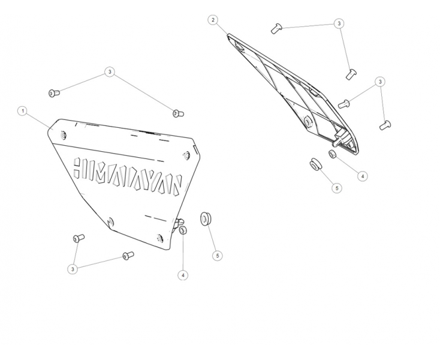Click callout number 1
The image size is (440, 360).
coord(23,111)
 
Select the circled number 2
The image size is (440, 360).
coord(213,20)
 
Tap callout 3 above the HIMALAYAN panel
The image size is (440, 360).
coord(110,72)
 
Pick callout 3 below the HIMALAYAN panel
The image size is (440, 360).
coord(73,269)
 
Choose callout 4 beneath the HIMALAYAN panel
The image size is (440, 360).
coord(183,275)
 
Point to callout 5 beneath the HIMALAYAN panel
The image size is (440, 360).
coord(218,256)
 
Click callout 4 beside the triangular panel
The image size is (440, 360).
coord(363,176)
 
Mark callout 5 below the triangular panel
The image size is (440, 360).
coord(337,188)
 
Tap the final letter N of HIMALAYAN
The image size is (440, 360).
coord(176,185)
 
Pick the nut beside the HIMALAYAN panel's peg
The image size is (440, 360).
coord(183,230)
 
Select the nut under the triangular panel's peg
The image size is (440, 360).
coord(333,154)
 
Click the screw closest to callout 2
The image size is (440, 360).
coord(276,28)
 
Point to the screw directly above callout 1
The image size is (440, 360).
coord(54,93)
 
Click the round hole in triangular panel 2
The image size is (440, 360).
coord(308,122)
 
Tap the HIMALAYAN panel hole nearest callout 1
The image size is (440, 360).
coord(64,136)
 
